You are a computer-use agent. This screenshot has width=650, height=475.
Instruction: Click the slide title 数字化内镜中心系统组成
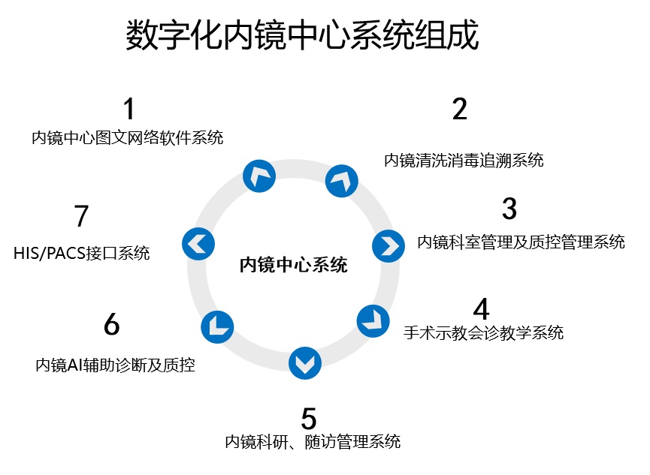302,35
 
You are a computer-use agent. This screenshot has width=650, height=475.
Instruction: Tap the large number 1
129,110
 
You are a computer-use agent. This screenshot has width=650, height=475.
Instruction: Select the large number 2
460,110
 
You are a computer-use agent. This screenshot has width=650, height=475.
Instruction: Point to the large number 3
509,209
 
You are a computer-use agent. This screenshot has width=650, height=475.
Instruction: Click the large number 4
481,308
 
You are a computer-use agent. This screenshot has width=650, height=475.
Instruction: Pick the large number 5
309,417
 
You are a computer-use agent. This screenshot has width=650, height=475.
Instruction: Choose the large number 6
111,325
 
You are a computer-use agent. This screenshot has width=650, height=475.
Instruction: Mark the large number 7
82,217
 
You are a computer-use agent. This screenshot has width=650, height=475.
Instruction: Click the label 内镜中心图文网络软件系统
127,138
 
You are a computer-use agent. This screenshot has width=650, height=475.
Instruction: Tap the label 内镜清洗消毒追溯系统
464,160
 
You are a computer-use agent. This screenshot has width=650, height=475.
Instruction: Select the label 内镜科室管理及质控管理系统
521,242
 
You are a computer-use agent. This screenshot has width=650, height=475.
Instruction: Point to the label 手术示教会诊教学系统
483,332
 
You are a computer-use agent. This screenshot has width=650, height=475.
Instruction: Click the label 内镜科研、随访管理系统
313,441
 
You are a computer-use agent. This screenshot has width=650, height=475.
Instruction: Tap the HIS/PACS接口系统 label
81,253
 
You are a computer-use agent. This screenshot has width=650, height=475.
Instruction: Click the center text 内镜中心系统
293,265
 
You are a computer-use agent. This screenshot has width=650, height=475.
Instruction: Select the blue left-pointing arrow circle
199,243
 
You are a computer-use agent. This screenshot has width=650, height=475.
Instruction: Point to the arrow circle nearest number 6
217,326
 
